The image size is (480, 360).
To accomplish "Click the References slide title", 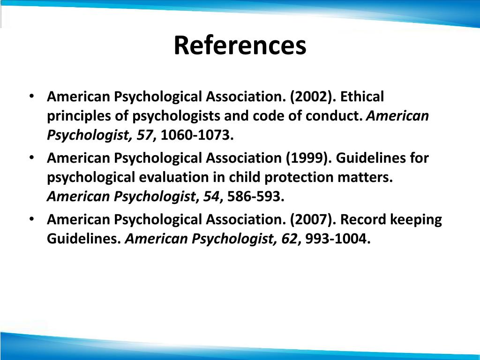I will (240, 46).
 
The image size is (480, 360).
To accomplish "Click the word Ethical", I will (362, 97).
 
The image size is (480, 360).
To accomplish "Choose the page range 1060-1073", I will (196, 136).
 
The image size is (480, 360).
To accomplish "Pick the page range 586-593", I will (256, 197).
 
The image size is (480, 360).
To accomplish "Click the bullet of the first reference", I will (31, 97).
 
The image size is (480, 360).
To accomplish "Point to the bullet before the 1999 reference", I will (31, 157).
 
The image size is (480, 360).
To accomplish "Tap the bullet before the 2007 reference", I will (31, 219).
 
